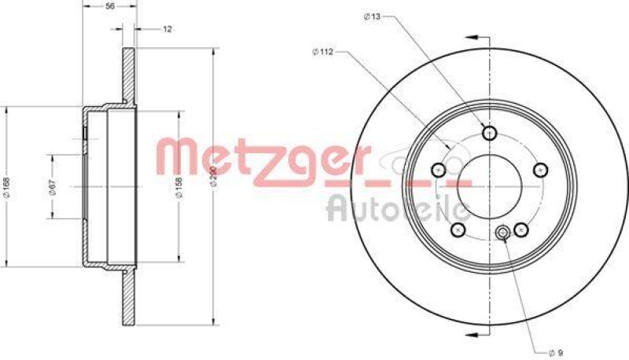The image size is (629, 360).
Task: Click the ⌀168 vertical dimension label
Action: [x=7, y=186]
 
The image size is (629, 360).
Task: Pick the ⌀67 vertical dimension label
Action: [x=53, y=186]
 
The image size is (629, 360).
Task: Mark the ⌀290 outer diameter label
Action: [x=215, y=186]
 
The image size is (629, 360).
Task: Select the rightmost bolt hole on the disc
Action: [x=539, y=168]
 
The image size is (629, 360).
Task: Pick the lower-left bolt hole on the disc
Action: [x=458, y=229]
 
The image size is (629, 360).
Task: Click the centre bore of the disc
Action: [x=489, y=185]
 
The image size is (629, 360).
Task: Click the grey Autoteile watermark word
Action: [x=398, y=208]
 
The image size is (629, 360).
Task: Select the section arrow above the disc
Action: [x=476, y=36]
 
